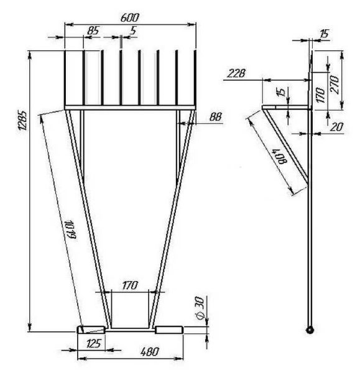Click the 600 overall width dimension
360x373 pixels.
pos(129,18)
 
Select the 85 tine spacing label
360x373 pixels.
pos(93,30)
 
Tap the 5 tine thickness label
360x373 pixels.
pos(133,30)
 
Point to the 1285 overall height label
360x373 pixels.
pos(23,120)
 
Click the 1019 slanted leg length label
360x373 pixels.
pos(70,229)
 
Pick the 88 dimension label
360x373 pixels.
pos(216,117)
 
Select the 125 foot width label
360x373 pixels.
pos(93,344)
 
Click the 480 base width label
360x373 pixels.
pos(149,352)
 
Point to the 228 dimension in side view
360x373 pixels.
pos(236,73)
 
